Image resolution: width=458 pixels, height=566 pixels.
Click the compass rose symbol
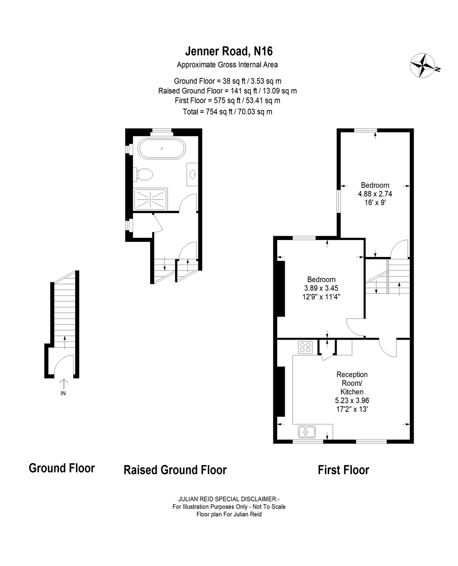(x=423, y=66)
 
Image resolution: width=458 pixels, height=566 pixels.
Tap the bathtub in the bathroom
(x=161, y=149)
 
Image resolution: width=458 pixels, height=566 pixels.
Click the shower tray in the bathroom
(x=151, y=200)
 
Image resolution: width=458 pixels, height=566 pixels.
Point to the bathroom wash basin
(x=193, y=175)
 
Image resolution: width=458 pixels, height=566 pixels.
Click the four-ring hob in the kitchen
(x=305, y=347)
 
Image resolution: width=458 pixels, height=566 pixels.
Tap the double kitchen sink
(x=306, y=432)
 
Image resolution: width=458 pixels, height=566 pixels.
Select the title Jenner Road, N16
(x=229, y=51)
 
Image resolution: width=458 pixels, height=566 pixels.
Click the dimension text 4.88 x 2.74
(x=375, y=194)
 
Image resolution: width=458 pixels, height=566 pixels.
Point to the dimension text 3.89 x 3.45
(x=321, y=288)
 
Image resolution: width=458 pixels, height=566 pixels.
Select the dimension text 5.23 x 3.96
(x=352, y=400)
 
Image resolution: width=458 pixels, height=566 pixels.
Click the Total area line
(x=228, y=112)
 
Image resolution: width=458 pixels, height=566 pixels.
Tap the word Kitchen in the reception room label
(x=352, y=391)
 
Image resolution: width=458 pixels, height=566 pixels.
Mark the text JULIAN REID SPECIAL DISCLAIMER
(x=228, y=499)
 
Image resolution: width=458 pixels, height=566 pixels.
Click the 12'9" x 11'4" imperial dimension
(x=321, y=297)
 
